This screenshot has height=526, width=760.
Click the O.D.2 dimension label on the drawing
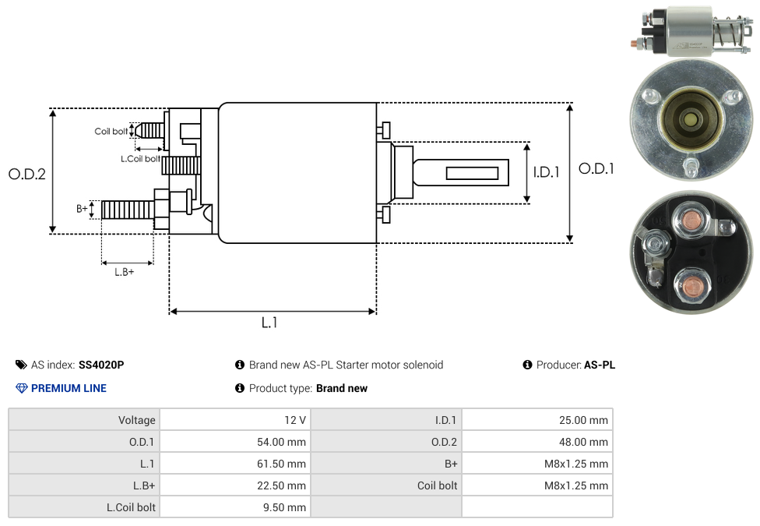(x=27, y=174)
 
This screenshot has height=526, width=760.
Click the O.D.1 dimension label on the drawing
(x=596, y=169)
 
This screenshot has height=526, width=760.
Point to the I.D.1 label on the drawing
(x=547, y=172)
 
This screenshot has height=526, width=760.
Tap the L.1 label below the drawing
(x=269, y=323)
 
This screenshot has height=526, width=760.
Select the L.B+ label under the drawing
(x=124, y=272)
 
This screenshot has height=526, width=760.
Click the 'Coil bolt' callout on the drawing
(x=111, y=132)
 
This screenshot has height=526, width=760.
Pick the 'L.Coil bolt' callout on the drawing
(x=140, y=159)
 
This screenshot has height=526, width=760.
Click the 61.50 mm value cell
(x=236, y=464)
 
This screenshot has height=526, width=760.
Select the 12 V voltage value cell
(x=236, y=420)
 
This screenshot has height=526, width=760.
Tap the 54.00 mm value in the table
(x=281, y=442)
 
